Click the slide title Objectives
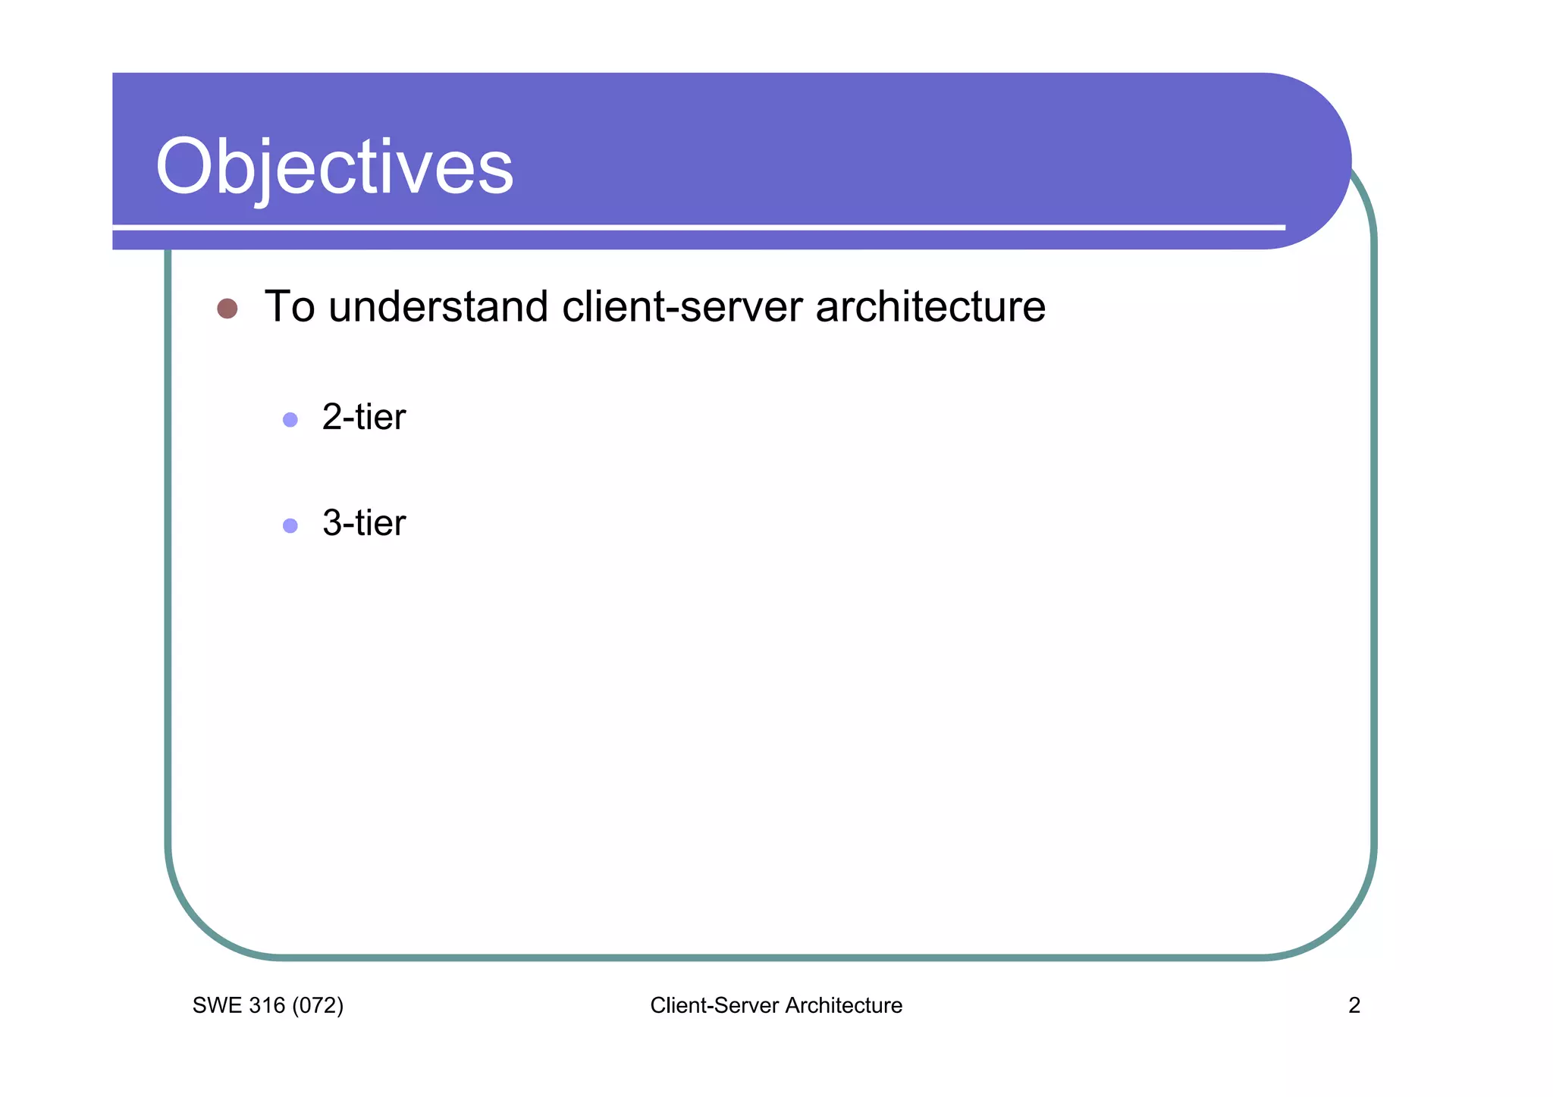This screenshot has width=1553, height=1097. (334, 168)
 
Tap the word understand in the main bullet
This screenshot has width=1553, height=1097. (438, 307)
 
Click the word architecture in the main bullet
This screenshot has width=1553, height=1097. (930, 307)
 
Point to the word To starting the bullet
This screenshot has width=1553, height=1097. (289, 307)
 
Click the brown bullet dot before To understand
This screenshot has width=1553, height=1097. (227, 309)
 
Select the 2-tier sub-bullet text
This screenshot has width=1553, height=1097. (364, 418)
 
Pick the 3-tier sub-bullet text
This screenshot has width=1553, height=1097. (364, 524)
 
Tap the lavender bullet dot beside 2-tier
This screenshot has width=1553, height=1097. (290, 419)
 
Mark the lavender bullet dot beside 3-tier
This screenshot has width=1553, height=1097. (290, 525)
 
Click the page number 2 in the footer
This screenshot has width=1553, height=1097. (1354, 1006)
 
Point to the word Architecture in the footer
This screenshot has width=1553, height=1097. (843, 1006)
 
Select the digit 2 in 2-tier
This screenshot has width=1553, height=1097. (332, 418)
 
